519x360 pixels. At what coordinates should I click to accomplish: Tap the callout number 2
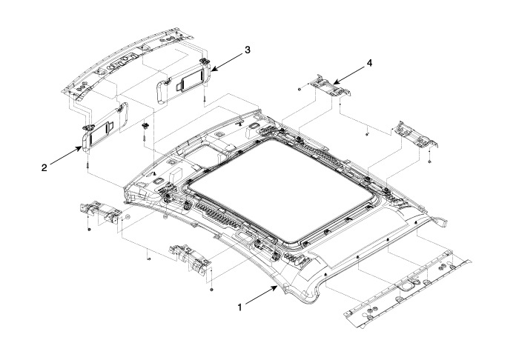[44, 167]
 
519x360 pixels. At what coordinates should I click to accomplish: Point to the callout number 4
[368, 64]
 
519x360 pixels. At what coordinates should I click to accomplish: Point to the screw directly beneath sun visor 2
[89, 162]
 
